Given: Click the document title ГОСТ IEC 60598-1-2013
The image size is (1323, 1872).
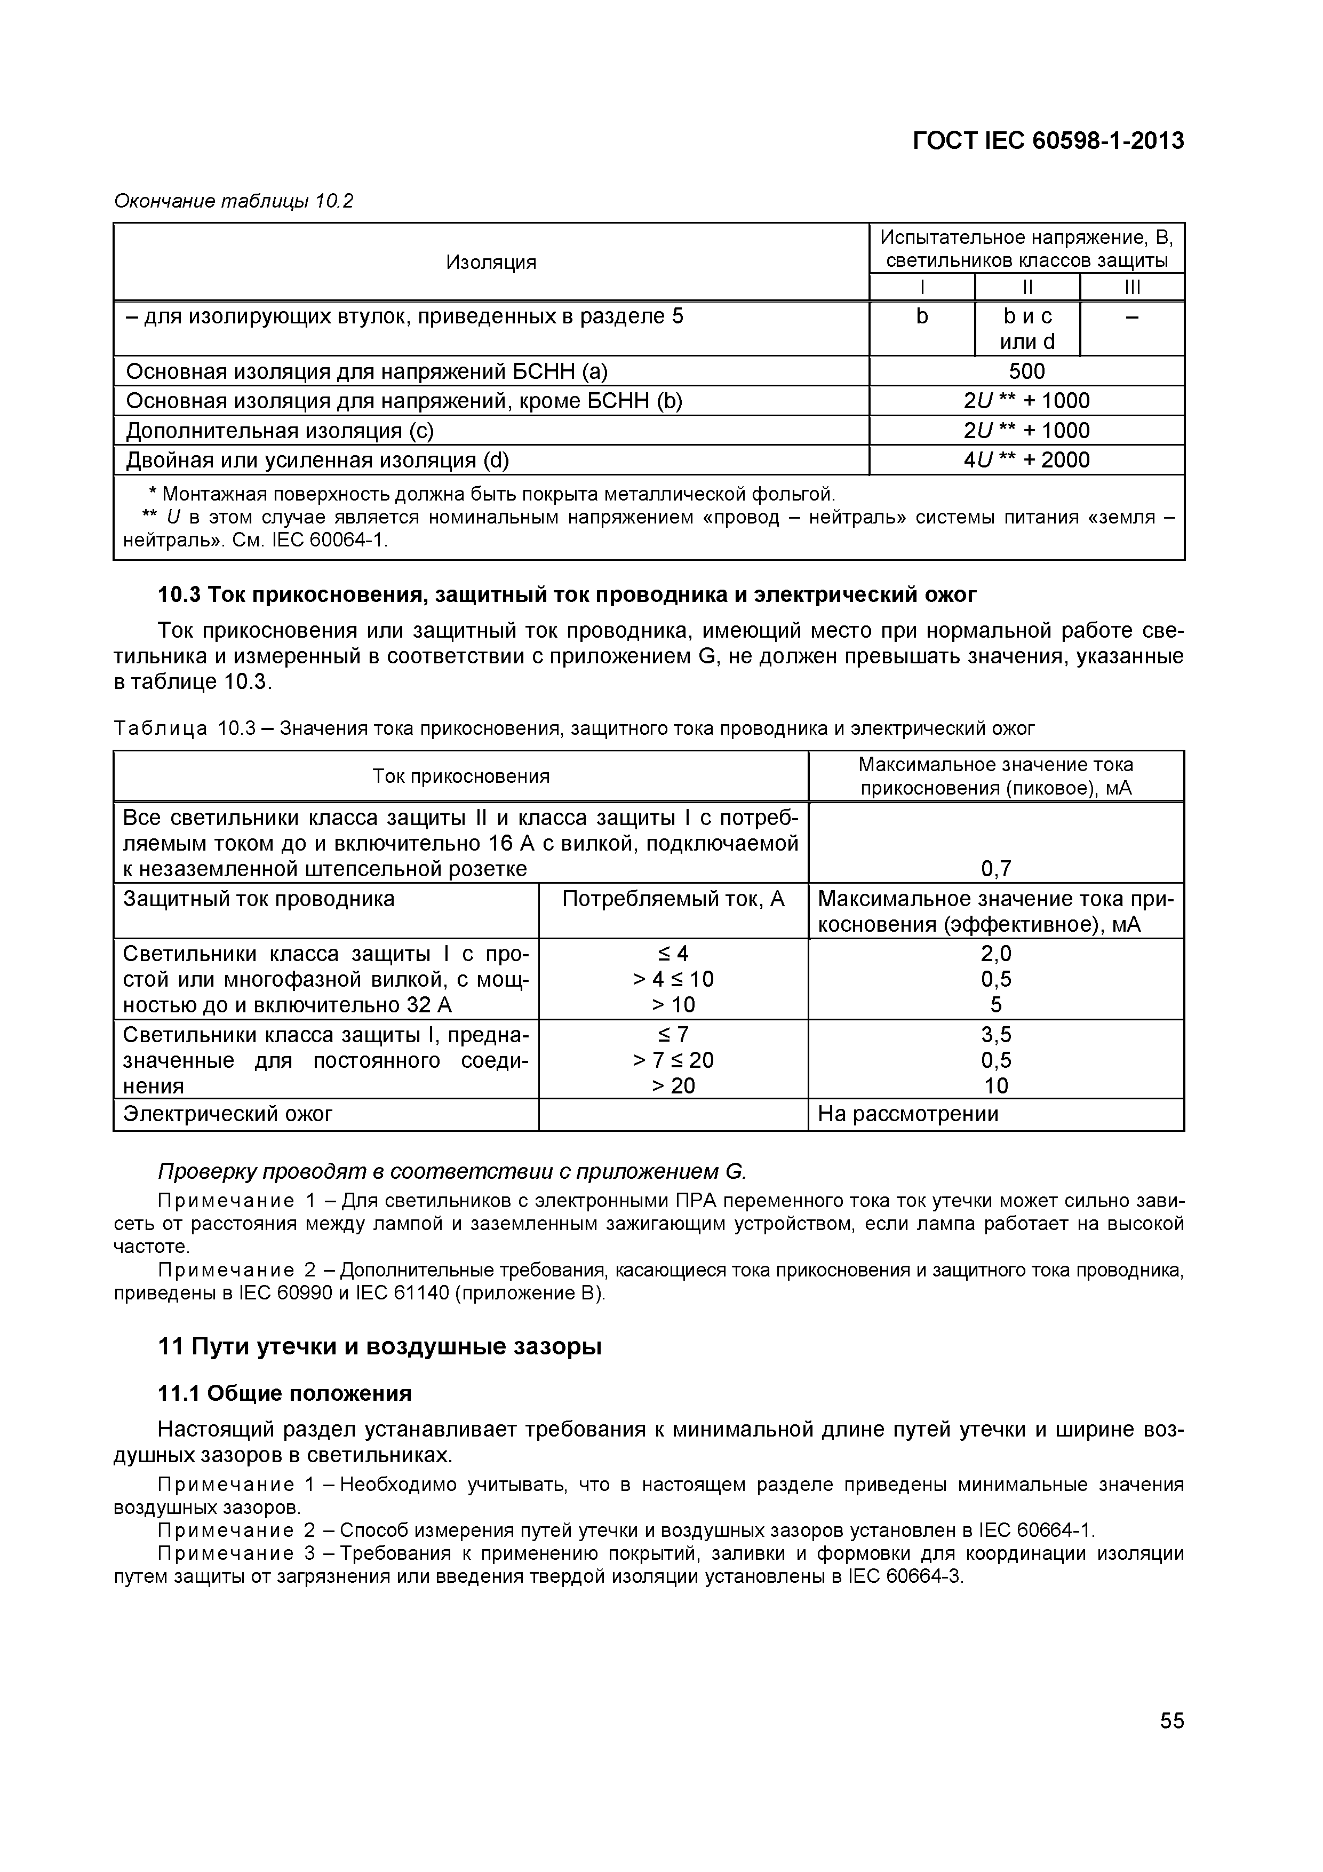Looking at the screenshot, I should click(1048, 141).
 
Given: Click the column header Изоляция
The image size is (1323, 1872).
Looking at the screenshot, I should click(491, 263).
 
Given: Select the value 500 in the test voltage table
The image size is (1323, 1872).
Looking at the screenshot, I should click(1026, 372).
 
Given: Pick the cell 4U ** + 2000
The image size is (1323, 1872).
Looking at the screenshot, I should click(1026, 461).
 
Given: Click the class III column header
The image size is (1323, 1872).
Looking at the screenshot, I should click(1131, 287).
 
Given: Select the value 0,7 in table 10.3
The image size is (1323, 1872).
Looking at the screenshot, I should click(995, 869).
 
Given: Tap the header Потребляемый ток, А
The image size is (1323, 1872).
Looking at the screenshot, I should click(673, 899).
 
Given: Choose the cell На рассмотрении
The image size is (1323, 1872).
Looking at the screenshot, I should click(907, 1114).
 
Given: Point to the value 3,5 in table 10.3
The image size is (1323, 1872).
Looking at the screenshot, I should click(995, 1035).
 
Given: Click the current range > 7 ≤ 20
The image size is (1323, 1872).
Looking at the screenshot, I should click(673, 1060).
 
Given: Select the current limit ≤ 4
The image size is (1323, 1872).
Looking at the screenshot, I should click(673, 953).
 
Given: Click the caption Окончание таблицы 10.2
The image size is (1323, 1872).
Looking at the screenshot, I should click(234, 201).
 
